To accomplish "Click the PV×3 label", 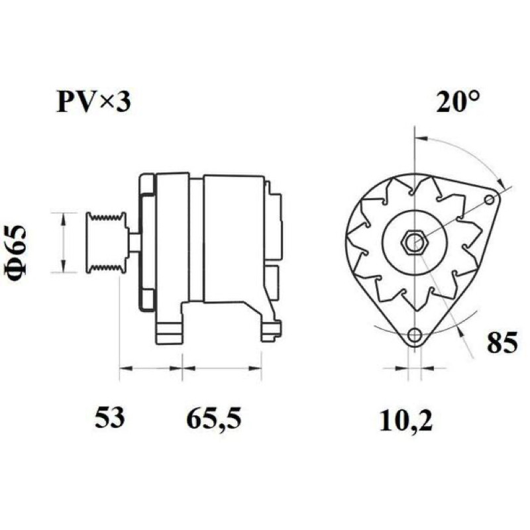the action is [93, 102].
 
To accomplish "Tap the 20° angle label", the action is [458, 101].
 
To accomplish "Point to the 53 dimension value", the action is [110, 417].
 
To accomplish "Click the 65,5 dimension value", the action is [214, 419].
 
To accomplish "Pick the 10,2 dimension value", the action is [405, 421].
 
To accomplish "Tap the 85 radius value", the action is [502, 342].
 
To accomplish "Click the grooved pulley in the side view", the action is [107, 242].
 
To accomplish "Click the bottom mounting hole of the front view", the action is [415, 335].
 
